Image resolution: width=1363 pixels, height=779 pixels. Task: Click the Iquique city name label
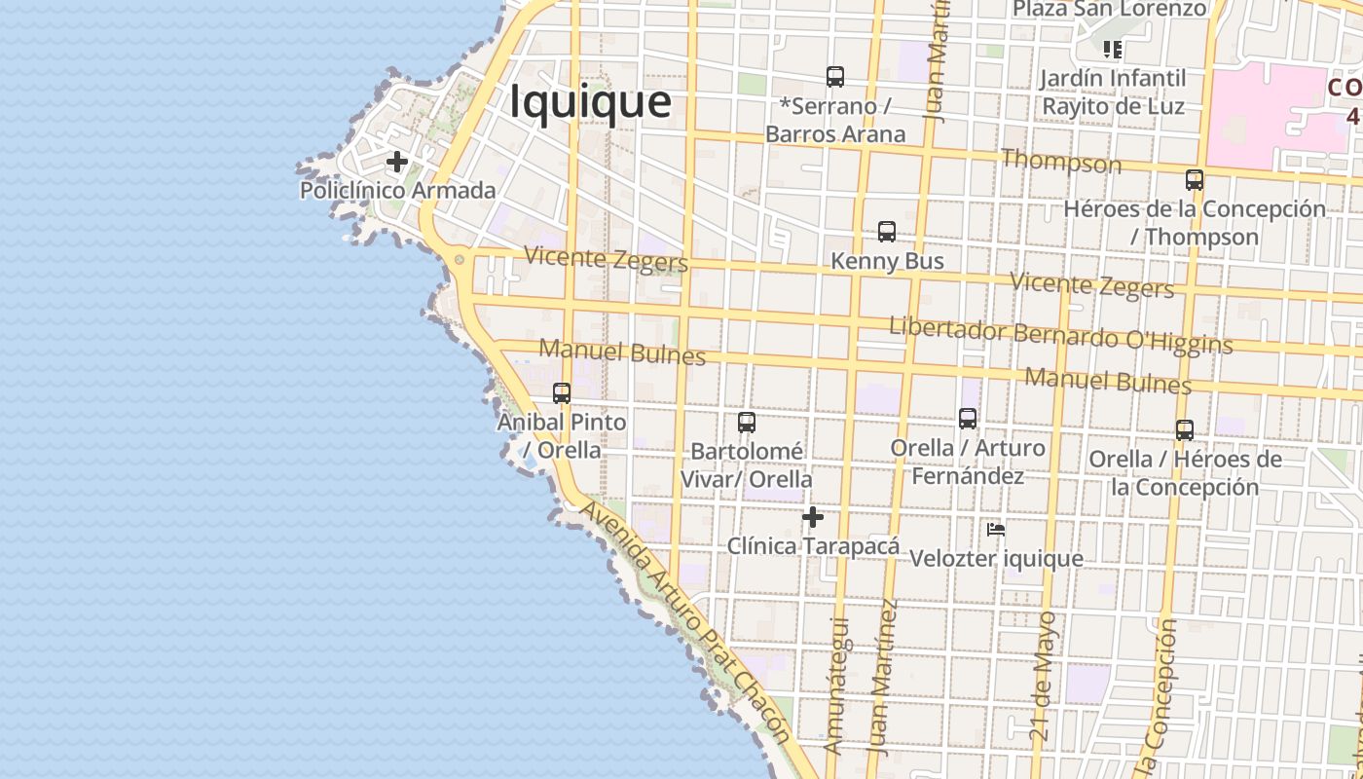pos(591,102)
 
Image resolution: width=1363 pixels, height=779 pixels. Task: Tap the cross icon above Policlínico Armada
pos(396,161)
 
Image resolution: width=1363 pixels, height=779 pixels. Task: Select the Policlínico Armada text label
pos(397,190)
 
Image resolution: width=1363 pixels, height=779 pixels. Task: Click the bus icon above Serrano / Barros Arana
pos(834,76)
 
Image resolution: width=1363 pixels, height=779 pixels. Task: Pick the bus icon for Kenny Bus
pos(886,232)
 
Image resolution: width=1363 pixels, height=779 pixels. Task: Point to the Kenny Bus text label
pos(887,261)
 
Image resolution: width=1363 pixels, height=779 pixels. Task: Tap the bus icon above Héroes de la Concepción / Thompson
pos(1194,179)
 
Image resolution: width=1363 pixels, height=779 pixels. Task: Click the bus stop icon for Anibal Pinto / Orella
pos(562,392)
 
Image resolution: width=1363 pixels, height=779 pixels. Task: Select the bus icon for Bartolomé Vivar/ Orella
pos(746,422)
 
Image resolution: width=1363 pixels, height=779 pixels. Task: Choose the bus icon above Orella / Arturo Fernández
pos(967,418)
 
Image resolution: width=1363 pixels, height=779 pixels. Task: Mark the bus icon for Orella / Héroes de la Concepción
pos(1184,429)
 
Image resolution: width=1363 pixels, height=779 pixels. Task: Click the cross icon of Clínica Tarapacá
pos(813,517)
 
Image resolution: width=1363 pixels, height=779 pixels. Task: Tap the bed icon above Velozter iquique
pos(995,530)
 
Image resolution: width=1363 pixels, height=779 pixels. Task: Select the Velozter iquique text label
pos(996,558)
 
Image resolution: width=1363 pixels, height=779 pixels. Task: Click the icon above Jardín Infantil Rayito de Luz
pos(1112,49)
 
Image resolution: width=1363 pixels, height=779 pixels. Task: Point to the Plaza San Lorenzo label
pos(1109,9)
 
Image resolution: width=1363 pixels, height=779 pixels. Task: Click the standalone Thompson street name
pos(1061,161)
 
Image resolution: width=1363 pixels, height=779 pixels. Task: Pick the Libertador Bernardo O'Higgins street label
pos(1060,336)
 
